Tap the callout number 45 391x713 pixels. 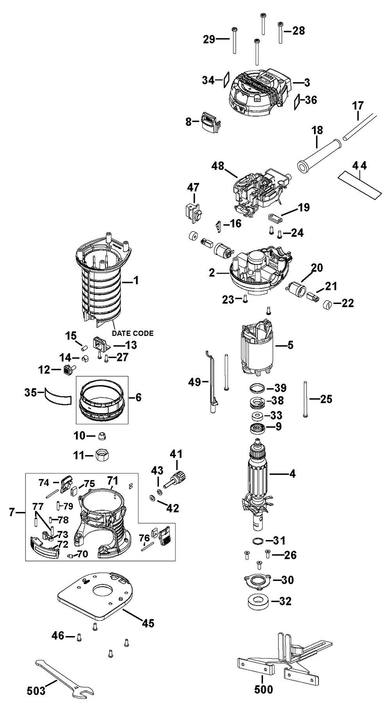[x=148, y=623]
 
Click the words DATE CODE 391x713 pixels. [x=133, y=333]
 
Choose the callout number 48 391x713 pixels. [x=218, y=166]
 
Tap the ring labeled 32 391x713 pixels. [x=258, y=600]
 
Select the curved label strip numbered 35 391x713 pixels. [x=58, y=398]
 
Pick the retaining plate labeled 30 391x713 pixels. [x=258, y=580]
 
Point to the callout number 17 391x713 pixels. [x=358, y=105]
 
